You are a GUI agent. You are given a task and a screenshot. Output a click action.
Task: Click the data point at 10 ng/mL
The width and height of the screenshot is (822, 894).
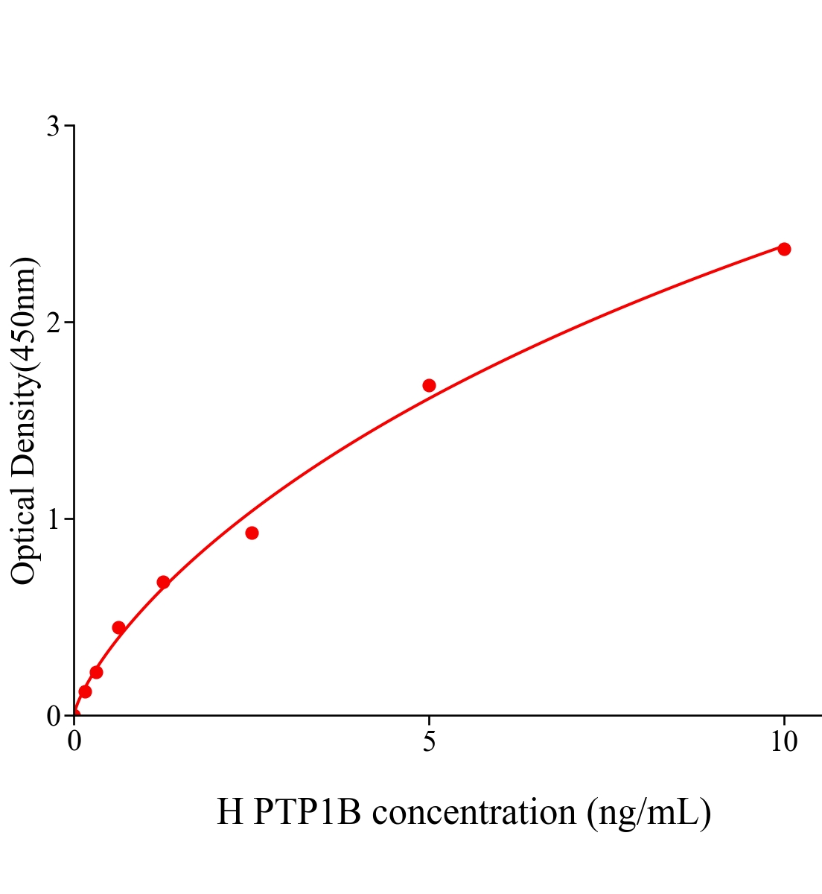point(784,249)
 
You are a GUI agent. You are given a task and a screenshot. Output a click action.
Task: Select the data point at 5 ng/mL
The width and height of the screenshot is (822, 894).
point(429,385)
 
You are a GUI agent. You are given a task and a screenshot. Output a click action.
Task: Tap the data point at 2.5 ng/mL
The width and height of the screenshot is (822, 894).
point(252,533)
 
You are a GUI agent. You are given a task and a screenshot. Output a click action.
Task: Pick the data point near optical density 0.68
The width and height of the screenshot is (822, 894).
point(163,582)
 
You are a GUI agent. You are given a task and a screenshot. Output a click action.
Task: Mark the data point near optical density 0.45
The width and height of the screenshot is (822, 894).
point(118,627)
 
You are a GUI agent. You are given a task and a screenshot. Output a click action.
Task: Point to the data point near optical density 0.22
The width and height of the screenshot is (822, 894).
point(96,672)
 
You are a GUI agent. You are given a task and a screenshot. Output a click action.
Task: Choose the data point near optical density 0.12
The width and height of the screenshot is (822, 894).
point(85,691)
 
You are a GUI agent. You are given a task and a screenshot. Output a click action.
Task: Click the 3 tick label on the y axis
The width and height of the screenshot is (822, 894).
point(54,127)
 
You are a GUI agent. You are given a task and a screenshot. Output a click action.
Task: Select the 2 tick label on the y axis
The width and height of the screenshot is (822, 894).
point(54,323)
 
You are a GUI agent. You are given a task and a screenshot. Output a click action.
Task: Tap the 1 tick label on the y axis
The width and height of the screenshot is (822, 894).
point(54,519)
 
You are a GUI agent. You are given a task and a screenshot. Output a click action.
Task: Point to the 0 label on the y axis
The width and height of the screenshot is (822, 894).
point(54,716)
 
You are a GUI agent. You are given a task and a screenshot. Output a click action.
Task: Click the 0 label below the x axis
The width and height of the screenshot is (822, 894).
point(74,742)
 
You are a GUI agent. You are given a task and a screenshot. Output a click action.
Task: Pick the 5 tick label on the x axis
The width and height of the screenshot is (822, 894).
point(429,742)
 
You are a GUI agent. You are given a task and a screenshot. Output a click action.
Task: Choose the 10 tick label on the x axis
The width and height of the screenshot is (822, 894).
point(783,742)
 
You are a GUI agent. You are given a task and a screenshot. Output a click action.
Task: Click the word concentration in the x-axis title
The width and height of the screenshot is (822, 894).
point(474,812)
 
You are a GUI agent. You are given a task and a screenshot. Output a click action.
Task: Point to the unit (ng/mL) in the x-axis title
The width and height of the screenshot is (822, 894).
point(649,812)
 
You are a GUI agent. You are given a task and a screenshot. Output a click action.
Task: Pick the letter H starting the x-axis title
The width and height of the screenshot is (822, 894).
point(230,812)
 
